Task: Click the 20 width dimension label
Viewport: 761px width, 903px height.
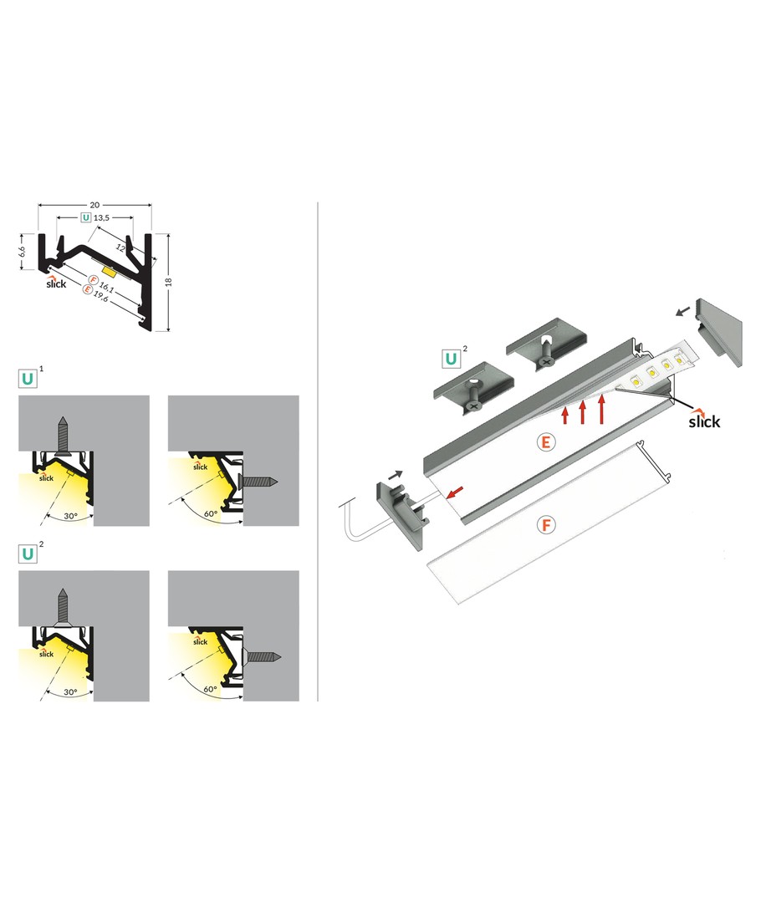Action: coord(94,205)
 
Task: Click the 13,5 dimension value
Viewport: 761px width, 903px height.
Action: coord(101,217)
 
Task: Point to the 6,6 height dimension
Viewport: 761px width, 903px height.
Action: coord(22,251)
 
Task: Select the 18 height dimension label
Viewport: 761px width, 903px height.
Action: coord(168,283)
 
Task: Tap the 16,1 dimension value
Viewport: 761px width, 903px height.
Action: coord(106,287)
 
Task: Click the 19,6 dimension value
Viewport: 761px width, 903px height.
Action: coord(101,296)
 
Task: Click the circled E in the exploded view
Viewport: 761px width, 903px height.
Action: coord(545,442)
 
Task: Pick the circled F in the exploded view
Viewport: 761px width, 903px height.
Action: coord(545,524)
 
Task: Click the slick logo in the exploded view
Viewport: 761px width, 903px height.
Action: coord(704,421)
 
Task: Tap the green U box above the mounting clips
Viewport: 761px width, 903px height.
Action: coord(451,359)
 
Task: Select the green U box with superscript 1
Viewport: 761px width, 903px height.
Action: coord(28,379)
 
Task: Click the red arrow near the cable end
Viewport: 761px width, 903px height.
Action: coord(455,492)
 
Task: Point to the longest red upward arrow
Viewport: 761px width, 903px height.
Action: coord(602,408)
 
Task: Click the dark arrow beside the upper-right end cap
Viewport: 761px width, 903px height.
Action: coord(682,312)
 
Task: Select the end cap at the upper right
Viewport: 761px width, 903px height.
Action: coord(719,332)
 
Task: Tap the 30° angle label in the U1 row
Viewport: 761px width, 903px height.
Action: coord(70,516)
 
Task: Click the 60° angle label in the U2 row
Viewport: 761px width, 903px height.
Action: coord(210,689)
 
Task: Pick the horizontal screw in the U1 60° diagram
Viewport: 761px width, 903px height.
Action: coord(259,481)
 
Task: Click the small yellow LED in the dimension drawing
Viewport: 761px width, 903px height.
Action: coord(109,269)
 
